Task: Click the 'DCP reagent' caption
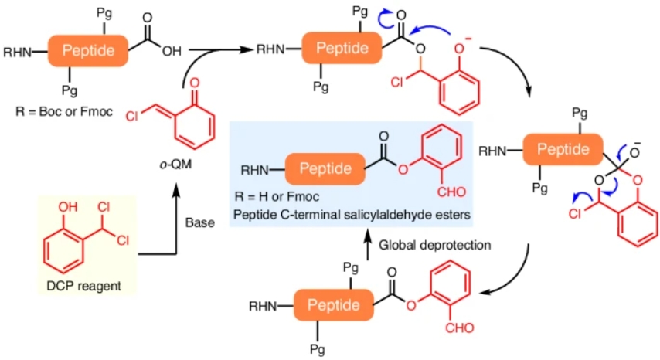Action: [83, 286]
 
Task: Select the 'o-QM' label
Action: [176, 164]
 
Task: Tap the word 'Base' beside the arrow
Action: [200, 222]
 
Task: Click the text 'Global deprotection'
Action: [435, 245]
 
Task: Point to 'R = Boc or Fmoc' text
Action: [64, 111]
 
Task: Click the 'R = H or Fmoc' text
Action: [277, 196]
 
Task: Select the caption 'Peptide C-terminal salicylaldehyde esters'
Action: [352, 215]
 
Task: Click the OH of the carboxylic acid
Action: [172, 51]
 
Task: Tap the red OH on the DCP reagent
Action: [68, 207]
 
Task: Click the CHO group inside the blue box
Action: [451, 192]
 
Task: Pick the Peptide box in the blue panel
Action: [325, 169]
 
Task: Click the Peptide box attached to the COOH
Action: [88, 51]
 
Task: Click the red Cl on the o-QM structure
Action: [131, 116]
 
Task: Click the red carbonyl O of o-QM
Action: [195, 83]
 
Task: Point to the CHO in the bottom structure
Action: [460, 328]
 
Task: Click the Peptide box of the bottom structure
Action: [333, 305]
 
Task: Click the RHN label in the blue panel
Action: [254, 170]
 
